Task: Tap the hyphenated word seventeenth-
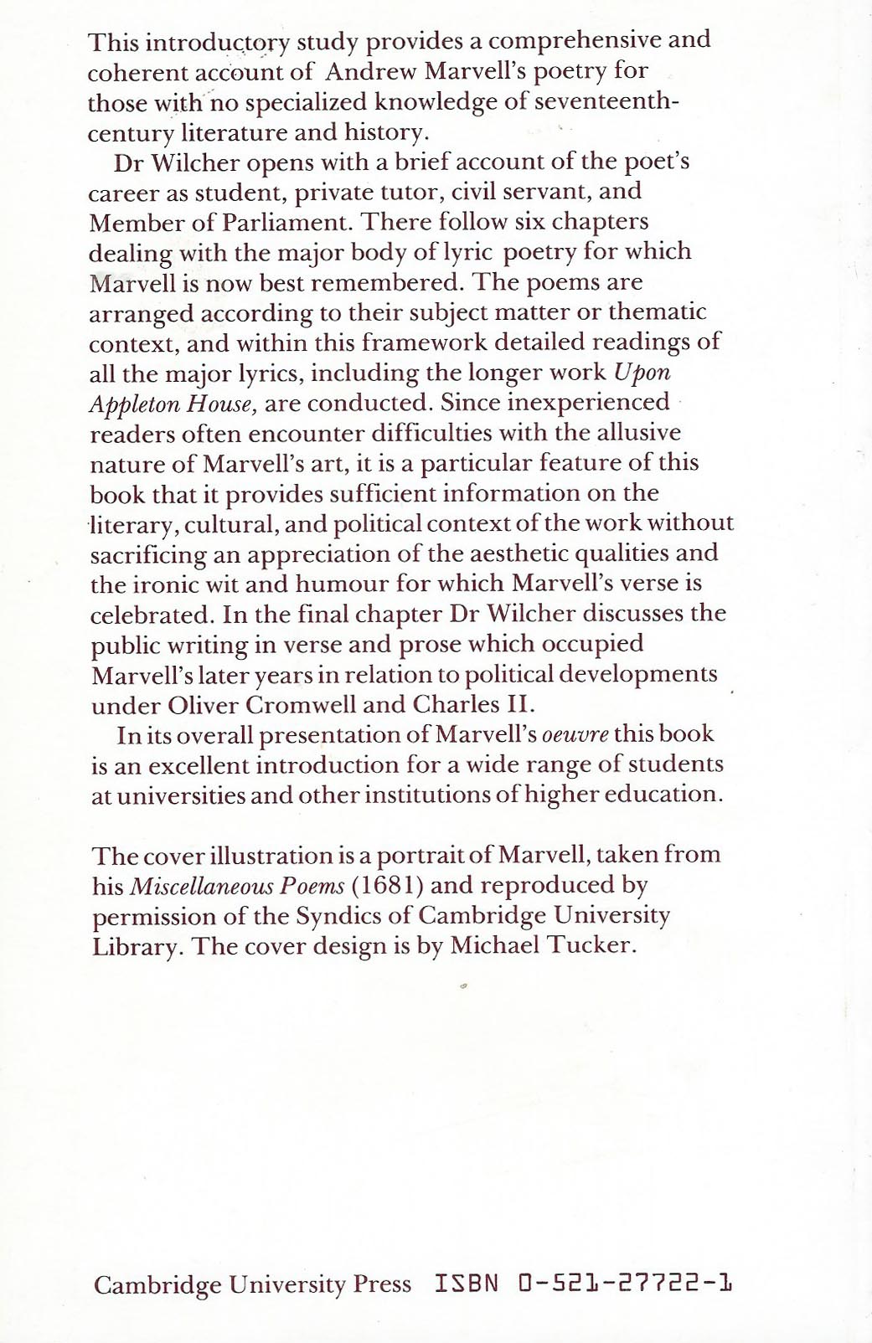click(606, 102)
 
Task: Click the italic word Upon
click(642, 373)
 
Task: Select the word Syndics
click(340, 915)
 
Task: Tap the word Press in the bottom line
click(382, 1284)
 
